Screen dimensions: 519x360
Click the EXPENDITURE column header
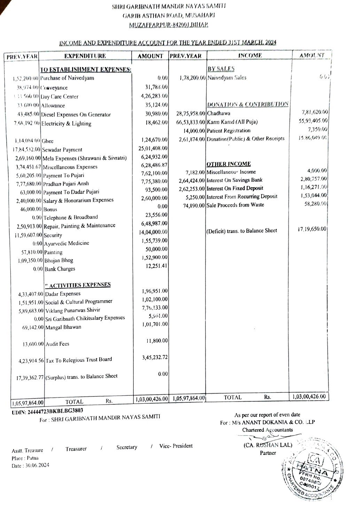85,56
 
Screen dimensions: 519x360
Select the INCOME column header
250,55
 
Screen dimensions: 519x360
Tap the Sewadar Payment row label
62,150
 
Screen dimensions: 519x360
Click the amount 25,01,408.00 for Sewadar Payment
153,149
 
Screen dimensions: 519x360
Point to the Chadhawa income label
219,114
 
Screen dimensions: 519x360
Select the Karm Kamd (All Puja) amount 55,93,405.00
313,121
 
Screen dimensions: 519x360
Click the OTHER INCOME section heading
228,164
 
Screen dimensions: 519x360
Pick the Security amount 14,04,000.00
153,232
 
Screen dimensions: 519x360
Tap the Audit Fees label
57,344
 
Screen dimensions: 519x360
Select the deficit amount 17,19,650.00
312,229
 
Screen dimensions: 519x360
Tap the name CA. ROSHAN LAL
268,445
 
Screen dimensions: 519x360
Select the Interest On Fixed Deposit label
235,188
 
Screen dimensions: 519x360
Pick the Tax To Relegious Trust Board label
79,360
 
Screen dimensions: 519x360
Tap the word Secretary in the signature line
127,447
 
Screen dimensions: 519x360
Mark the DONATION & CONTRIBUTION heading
248,104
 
